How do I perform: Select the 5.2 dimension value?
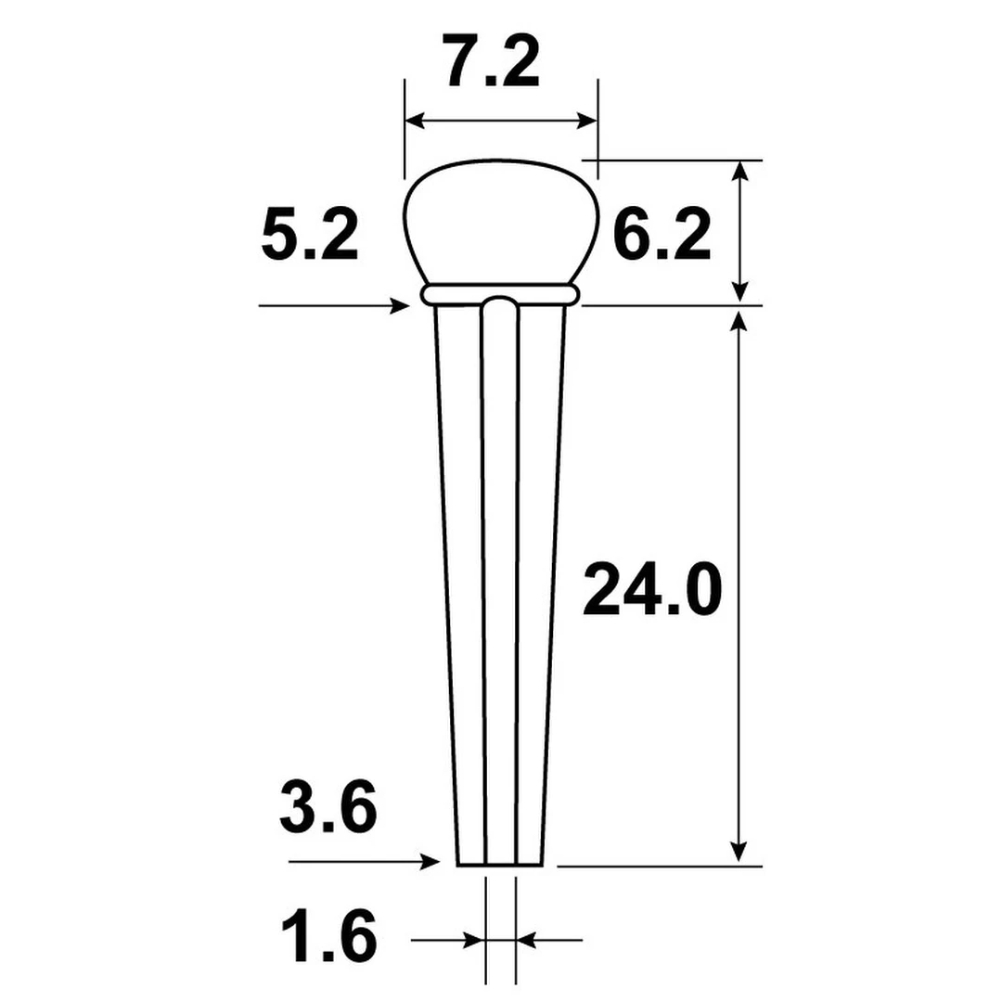309,237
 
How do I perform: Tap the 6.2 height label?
662,237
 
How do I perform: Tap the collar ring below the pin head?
500,294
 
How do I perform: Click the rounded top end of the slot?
500,303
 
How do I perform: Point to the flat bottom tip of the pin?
500,865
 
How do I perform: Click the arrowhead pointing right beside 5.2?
401,305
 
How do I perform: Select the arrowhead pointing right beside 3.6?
430,862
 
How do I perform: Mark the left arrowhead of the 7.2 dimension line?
416,121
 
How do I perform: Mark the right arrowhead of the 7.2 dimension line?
586,121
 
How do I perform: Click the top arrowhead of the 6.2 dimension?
739,171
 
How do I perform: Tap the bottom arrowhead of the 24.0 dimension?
739,852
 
